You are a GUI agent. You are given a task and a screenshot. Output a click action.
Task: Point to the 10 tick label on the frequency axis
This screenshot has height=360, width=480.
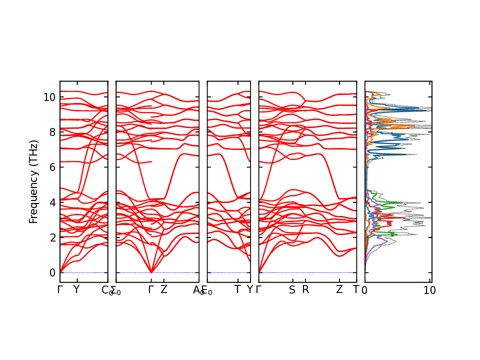(49, 97)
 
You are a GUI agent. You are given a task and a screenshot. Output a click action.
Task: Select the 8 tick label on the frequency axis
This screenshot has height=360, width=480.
(52, 132)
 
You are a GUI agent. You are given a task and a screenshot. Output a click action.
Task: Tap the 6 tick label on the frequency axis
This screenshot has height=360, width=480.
(52, 167)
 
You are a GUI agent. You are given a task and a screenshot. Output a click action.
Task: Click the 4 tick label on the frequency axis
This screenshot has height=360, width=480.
(52, 202)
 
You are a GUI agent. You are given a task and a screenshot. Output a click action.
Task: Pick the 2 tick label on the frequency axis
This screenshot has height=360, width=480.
(52, 237)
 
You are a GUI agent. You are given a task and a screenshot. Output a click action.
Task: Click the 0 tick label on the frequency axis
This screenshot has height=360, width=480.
(52, 272)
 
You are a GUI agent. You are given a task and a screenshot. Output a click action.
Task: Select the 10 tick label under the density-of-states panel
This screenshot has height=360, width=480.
(430, 290)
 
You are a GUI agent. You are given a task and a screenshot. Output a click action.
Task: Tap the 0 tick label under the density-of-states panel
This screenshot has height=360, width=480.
(365, 290)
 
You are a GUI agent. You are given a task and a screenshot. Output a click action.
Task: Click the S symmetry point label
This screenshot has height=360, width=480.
(292, 289)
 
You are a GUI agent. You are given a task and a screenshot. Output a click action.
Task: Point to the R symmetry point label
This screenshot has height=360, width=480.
(305, 289)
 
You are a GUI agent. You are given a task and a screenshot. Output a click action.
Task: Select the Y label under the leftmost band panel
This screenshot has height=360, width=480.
(76, 289)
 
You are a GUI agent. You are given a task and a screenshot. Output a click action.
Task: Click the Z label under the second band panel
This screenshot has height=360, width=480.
(163, 289)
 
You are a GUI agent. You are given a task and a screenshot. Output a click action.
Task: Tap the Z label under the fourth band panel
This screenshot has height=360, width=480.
(339, 289)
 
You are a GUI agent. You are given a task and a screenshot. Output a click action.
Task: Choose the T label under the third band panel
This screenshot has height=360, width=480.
(238, 289)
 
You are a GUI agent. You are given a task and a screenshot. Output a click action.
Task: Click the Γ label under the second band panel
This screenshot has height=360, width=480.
(151, 289)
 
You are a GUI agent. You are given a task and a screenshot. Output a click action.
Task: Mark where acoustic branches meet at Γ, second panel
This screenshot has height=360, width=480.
(151, 272)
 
